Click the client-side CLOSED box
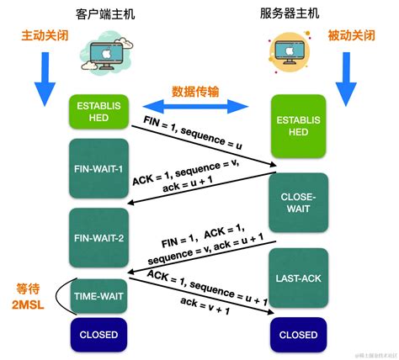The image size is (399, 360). (98, 334)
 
